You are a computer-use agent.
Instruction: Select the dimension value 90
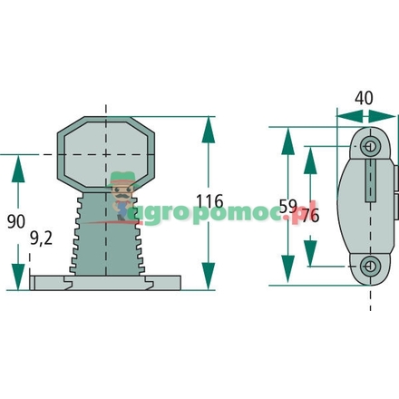(x=16, y=219)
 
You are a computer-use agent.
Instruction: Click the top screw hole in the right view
(x=367, y=146)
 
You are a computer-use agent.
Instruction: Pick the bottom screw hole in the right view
(x=367, y=265)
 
